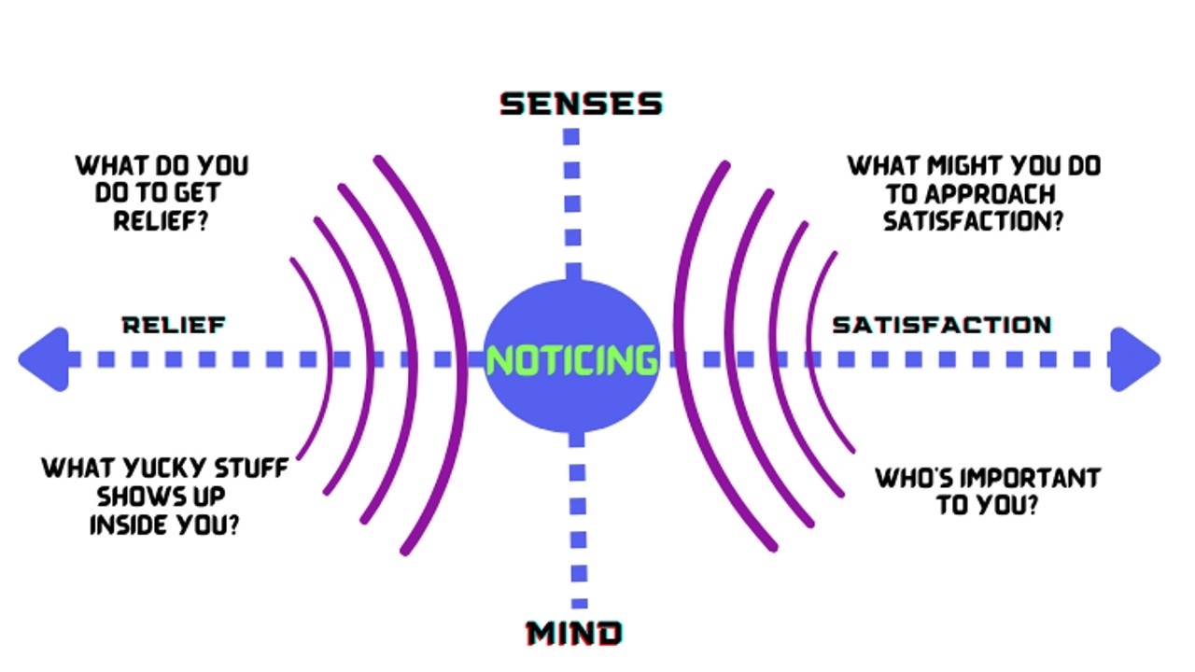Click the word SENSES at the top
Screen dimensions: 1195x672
pos(581,104)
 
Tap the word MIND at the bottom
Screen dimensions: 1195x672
pos(574,634)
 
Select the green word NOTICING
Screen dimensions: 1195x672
pos(571,360)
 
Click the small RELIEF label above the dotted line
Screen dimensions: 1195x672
pos(174,325)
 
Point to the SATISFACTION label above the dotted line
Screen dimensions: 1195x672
pos(941,325)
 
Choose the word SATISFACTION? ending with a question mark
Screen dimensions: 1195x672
pos(974,222)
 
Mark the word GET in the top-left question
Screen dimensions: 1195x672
pos(196,194)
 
